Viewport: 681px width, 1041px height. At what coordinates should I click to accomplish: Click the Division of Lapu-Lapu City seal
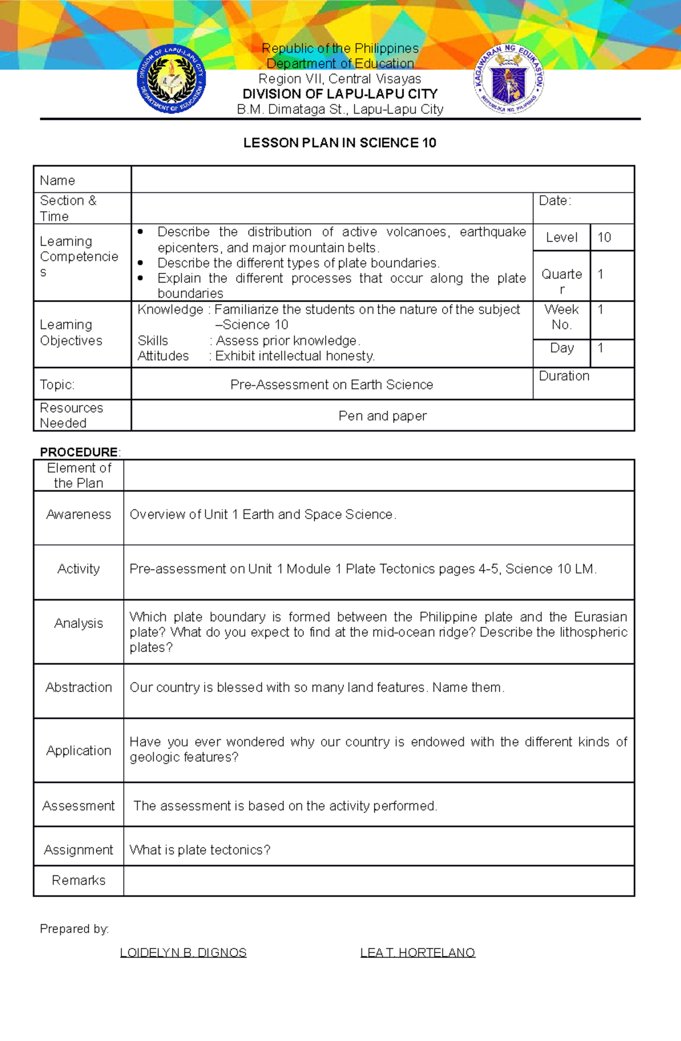[x=171, y=79]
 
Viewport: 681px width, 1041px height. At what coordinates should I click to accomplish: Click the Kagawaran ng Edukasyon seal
[x=509, y=79]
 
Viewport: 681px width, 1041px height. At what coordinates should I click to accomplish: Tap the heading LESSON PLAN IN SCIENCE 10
[x=339, y=143]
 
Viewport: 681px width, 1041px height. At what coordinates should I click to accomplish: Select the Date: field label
[x=554, y=201]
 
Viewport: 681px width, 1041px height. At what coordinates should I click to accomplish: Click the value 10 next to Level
[x=604, y=238]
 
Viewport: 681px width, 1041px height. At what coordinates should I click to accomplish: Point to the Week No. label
[x=561, y=317]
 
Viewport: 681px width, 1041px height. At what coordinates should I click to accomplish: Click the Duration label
[x=564, y=376]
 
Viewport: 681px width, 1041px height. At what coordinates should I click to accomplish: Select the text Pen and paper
[x=382, y=416]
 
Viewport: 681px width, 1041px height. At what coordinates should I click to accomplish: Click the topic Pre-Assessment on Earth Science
[x=331, y=385]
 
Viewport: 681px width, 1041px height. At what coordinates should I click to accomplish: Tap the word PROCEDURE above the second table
[x=78, y=452]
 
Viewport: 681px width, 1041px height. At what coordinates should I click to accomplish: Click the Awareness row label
[x=78, y=515]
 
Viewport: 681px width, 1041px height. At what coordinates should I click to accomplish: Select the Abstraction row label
[x=78, y=688]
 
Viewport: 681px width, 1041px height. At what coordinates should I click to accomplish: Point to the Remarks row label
[x=78, y=880]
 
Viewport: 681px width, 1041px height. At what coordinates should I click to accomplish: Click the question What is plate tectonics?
[x=200, y=850]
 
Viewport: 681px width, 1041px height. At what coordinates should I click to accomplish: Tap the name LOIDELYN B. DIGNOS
[x=183, y=953]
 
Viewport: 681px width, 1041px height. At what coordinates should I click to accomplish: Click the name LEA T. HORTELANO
[x=418, y=953]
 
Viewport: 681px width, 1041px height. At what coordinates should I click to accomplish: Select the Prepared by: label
[x=74, y=929]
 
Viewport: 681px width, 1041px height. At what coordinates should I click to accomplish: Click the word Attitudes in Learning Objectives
[x=163, y=356]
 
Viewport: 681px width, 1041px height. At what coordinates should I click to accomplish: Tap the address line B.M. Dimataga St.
[x=340, y=109]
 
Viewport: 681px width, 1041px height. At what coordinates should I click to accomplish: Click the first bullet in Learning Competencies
[x=140, y=231]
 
